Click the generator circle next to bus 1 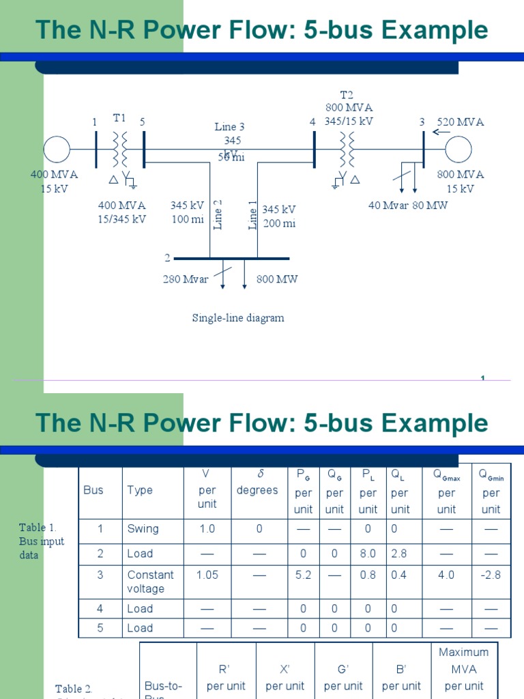click(x=57, y=149)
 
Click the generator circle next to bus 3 click(x=458, y=149)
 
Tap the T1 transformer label click(x=120, y=117)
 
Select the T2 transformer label click(x=347, y=94)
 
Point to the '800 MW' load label click(x=277, y=279)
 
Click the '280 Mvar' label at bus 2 click(x=185, y=279)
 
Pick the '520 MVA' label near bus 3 click(x=461, y=122)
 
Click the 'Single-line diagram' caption click(x=238, y=318)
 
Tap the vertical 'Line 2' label click(x=219, y=214)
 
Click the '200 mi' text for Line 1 click(x=279, y=223)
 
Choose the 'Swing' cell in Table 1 click(x=143, y=529)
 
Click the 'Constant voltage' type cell click(x=150, y=582)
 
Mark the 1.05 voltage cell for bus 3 click(x=207, y=575)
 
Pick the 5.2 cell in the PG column click(x=303, y=575)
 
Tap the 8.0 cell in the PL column click(x=368, y=554)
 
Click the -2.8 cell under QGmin click(x=491, y=575)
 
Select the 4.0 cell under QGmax click(x=446, y=575)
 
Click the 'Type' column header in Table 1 click(x=140, y=490)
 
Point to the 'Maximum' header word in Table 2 click(x=463, y=653)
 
